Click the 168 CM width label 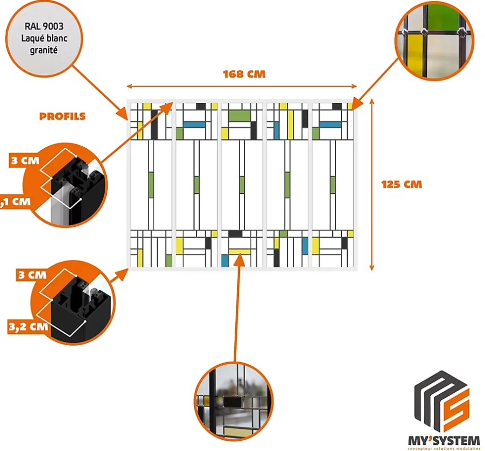244,74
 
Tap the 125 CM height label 401,184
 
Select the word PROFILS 62,117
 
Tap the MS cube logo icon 442,402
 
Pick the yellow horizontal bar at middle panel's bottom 239,252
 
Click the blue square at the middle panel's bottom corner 225,260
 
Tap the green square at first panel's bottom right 168,260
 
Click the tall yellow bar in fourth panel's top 290,125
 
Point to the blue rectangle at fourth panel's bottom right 305,246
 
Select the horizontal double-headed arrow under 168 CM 242,86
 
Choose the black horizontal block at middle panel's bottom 235,234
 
